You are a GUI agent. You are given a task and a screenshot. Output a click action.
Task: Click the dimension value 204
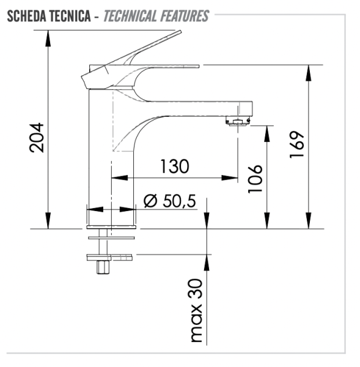point(36,138)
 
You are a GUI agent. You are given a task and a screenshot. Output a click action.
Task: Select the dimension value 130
point(175,166)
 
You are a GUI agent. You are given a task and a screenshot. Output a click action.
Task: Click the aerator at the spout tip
point(237,121)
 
